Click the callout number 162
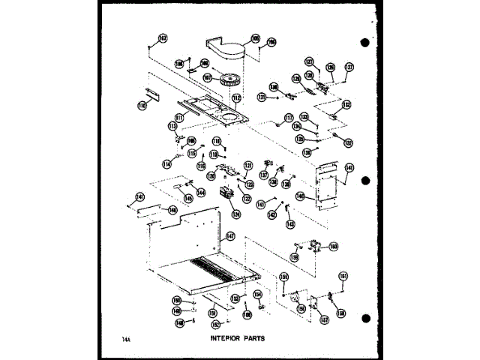click(163, 38)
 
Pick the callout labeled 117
click(288, 118)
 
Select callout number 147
click(230, 236)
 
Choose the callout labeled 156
click(301, 308)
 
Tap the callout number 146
click(172, 211)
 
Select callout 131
click(262, 97)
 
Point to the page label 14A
click(125, 338)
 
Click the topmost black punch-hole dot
click(365, 42)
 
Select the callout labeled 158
click(341, 313)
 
